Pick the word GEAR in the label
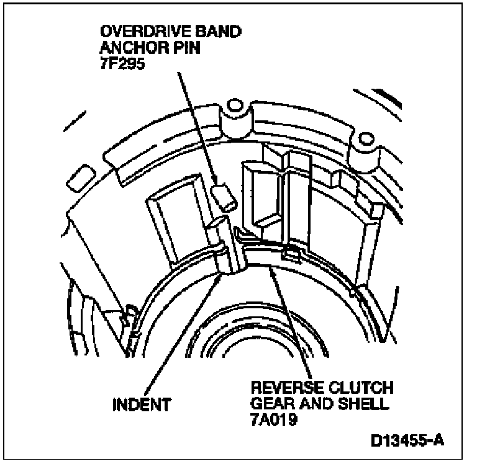(268, 403)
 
